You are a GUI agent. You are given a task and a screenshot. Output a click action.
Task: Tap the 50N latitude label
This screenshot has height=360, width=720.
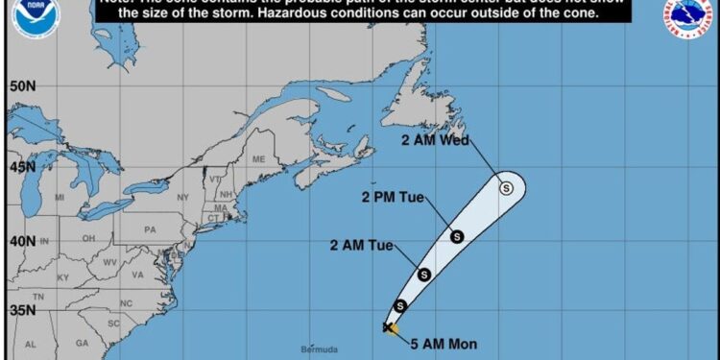pyautogui.click(x=22, y=86)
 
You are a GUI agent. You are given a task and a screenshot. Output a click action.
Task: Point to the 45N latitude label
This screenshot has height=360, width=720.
pyautogui.click(x=22, y=164)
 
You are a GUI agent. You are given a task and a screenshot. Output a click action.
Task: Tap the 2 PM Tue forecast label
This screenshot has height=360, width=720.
pyautogui.click(x=396, y=199)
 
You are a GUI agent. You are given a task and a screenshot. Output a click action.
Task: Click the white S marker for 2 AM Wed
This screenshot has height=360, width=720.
pyautogui.click(x=506, y=187)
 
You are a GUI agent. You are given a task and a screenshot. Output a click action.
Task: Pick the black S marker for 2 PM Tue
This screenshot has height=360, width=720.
pyautogui.click(x=456, y=236)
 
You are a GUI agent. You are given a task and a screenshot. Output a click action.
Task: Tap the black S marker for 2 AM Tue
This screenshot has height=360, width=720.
pyautogui.click(x=423, y=275)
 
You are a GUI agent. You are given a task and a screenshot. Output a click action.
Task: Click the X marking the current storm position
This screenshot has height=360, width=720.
pyautogui.click(x=388, y=327)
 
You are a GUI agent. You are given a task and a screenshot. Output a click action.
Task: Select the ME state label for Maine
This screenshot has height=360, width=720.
pyautogui.click(x=257, y=159)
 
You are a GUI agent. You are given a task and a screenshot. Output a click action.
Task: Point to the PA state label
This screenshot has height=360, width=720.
pyautogui.click(x=149, y=230)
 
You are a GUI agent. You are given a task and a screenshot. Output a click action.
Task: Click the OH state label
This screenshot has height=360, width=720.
pyautogui.click(x=88, y=238)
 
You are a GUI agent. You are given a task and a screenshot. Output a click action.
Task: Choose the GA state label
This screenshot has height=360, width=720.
pyautogui.click(x=82, y=343)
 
